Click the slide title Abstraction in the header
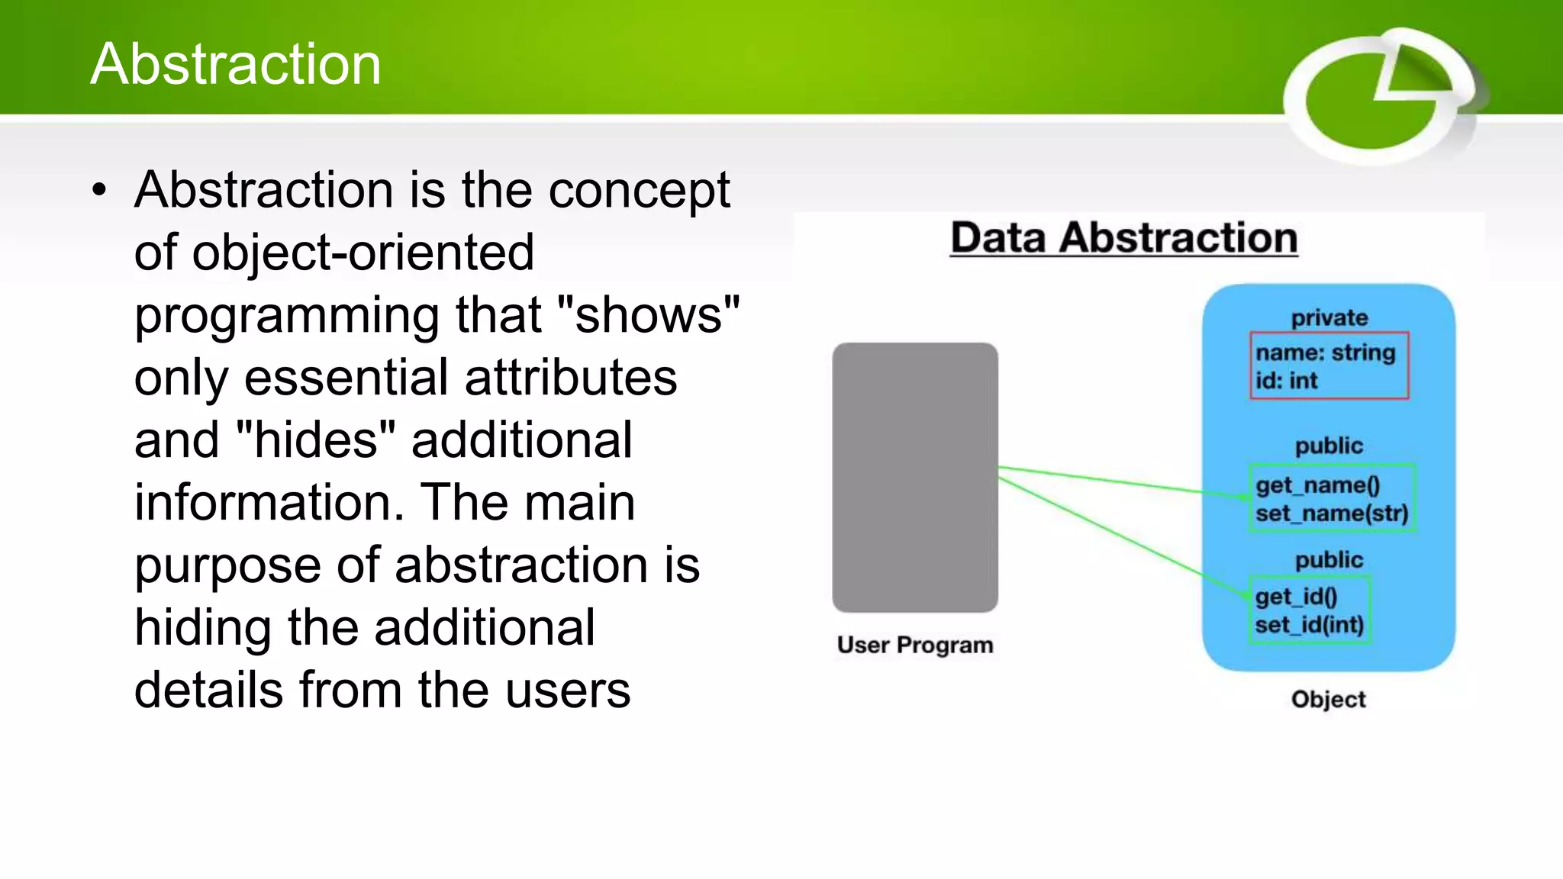[235, 64]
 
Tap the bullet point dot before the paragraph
[99, 191]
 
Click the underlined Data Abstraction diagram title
[1123, 238]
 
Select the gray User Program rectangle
[914, 477]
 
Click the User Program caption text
[914, 646]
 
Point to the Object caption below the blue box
[1328, 700]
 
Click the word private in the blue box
[1329, 318]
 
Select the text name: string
[1325, 353]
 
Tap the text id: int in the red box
[1286, 381]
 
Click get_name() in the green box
[1317, 485]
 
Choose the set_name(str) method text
[1331, 514]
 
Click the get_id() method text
[1296, 597]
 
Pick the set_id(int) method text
[1308, 625]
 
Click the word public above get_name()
[1328, 446]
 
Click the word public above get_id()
[1328, 560]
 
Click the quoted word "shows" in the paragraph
[649, 315]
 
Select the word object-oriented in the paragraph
[363, 253]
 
